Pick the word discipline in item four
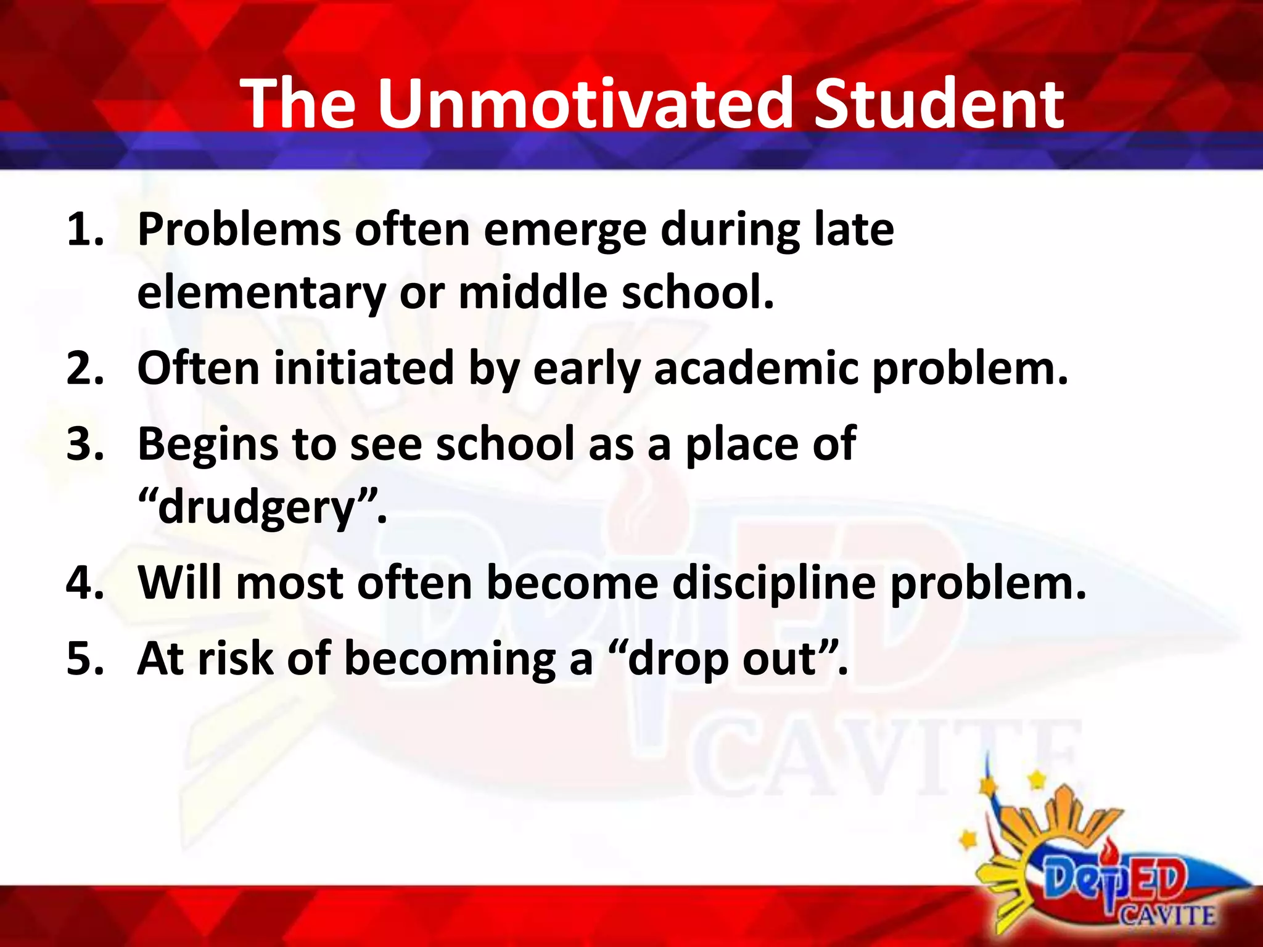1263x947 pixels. pos(774,583)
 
